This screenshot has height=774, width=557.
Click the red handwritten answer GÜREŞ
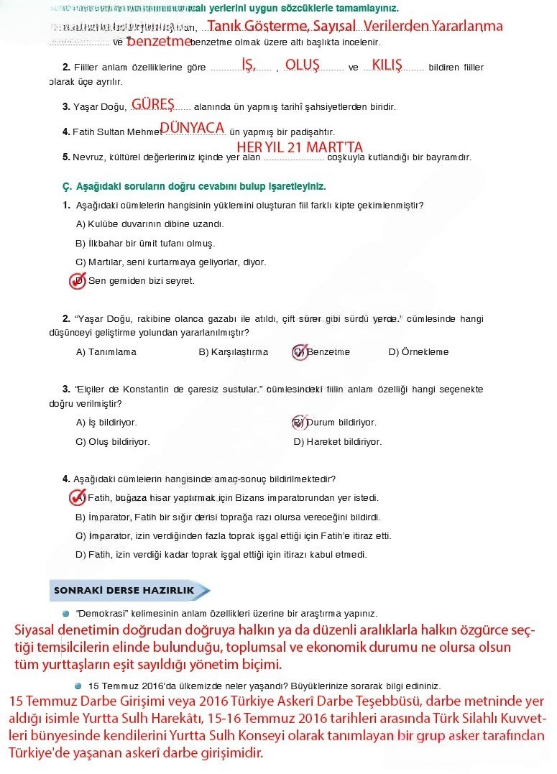pyautogui.click(x=152, y=104)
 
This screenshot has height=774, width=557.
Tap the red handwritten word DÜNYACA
pyautogui.click(x=192, y=128)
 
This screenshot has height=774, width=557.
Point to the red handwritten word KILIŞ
pyautogui.click(x=387, y=64)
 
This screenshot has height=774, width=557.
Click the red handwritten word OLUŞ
pyautogui.click(x=302, y=64)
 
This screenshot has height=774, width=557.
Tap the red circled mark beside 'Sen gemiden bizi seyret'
pyautogui.click(x=77, y=281)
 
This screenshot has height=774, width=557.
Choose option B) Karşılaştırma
pyautogui.click(x=233, y=352)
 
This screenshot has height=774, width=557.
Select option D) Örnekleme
pyautogui.click(x=418, y=352)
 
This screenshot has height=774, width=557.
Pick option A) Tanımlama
pyautogui.click(x=106, y=352)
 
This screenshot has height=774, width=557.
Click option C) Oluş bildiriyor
pyautogui.click(x=112, y=442)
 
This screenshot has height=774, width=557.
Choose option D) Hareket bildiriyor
pyautogui.click(x=337, y=442)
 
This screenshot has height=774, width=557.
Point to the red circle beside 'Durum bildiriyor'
pyautogui.click(x=299, y=423)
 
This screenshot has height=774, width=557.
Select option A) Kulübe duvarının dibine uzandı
pyautogui.click(x=149, y=224)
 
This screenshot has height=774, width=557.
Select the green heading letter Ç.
pyautogui.click(x=66, y=187)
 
